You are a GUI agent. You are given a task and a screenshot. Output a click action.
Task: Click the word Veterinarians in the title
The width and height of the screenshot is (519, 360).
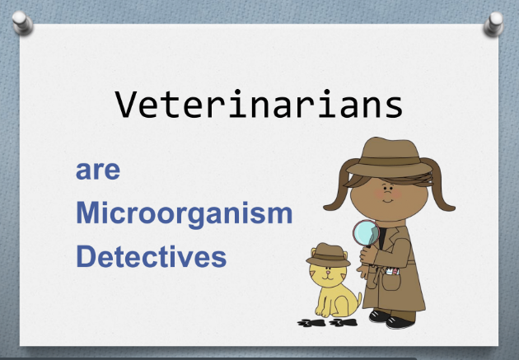coord(259,104)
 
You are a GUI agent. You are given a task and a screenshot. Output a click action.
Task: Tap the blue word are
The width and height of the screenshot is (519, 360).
coord(98,170)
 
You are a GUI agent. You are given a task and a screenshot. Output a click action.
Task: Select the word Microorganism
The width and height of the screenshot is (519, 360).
coord(185,213)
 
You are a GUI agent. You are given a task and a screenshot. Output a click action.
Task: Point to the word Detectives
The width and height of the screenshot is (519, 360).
coord(152,256)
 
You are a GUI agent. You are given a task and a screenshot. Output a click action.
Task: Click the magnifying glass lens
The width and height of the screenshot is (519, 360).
coord(366,232)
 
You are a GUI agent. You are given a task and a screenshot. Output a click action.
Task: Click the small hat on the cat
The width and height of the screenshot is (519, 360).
coord(329,255)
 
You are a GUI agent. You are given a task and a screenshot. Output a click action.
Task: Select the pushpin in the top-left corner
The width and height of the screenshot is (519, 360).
coord(22,22)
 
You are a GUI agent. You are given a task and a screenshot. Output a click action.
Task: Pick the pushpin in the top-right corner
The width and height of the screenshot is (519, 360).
coord(493,24)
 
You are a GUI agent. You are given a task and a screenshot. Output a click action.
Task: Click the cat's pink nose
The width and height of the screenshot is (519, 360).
coord(328,273)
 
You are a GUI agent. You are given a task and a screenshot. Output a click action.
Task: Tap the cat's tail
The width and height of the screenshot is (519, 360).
coord(358,301)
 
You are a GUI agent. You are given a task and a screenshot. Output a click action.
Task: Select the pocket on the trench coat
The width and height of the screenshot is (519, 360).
coord(391,282)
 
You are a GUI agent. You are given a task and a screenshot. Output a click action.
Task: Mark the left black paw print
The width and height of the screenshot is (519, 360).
coord(311,323)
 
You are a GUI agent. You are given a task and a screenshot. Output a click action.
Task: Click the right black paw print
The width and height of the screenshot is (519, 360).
coord(344,322)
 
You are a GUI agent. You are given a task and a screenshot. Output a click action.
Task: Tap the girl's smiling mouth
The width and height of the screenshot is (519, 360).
coord(388,200)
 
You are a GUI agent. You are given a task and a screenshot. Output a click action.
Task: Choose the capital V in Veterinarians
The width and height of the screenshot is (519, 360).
coord(126,105)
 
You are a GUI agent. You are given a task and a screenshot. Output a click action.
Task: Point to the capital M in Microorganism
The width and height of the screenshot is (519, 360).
coord(87,213)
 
